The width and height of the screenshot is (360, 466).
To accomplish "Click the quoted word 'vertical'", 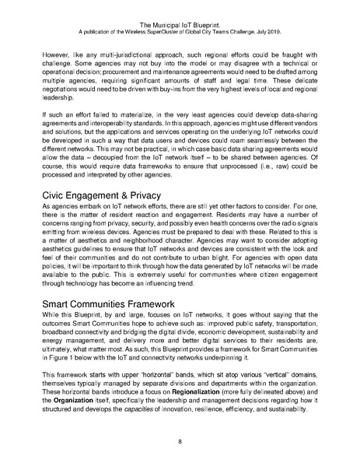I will [258, 397].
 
